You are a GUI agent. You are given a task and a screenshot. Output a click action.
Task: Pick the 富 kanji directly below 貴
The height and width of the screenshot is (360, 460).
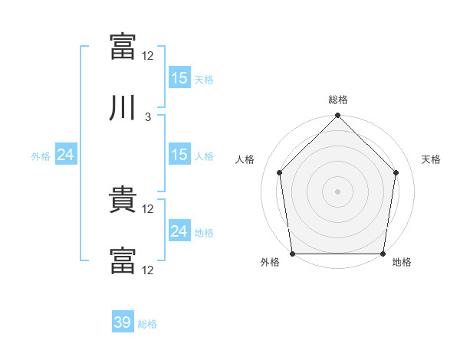123,261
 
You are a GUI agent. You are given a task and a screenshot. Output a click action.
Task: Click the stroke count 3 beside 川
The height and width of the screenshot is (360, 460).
148,117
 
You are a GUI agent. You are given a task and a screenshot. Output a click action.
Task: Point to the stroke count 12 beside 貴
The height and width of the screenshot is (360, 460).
148,208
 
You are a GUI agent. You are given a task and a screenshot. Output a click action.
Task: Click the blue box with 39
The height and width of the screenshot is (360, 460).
123,322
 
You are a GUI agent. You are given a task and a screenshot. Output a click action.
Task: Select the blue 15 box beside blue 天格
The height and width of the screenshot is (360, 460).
179,77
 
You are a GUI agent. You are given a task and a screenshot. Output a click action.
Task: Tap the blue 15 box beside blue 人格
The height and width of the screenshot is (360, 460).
179,155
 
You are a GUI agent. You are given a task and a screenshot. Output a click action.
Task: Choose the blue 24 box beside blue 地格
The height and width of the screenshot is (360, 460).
179,231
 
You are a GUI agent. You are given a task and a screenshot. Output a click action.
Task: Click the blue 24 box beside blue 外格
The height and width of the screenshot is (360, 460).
65,155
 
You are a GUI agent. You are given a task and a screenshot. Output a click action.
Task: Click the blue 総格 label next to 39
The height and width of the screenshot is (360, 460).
147,324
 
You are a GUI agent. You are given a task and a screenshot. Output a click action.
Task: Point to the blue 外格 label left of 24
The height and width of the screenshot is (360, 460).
41,155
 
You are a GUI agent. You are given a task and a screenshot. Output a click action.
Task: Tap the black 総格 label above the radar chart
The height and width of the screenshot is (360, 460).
338,100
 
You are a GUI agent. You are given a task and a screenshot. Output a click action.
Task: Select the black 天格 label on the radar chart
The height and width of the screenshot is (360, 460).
432,159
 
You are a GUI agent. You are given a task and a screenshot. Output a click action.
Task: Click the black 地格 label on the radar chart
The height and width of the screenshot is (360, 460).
402,262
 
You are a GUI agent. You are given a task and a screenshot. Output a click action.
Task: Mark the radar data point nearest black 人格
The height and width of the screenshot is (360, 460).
280,172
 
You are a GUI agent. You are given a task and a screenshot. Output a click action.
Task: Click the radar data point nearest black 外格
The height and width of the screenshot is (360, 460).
292,254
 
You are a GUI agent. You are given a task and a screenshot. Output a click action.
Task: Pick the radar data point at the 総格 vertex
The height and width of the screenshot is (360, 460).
338,116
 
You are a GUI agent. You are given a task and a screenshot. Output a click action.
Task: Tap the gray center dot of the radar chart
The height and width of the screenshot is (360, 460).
338,191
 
